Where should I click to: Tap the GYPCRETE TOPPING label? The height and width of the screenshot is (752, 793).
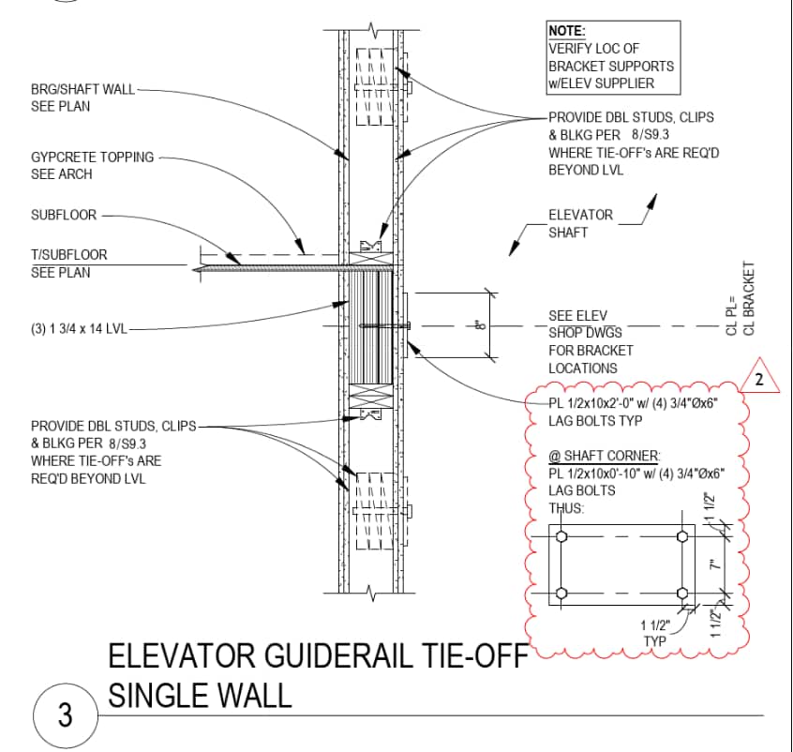(92, 157)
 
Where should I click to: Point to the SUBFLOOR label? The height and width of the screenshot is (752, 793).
(64, 215)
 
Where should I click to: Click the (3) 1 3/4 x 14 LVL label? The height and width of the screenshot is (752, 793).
(79, 329)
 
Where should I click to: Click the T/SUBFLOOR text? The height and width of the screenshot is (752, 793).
(69, 254)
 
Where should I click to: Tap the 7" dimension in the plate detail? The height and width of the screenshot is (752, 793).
(713, 564)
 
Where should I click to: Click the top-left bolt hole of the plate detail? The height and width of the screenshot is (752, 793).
(561, 536)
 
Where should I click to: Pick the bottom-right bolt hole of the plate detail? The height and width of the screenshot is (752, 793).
(682, 594)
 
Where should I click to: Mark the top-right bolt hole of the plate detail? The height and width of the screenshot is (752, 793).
(682, 536)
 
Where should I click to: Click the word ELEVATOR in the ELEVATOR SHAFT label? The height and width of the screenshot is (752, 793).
(580, 215)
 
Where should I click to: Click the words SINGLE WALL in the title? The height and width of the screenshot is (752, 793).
(200, 695)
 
